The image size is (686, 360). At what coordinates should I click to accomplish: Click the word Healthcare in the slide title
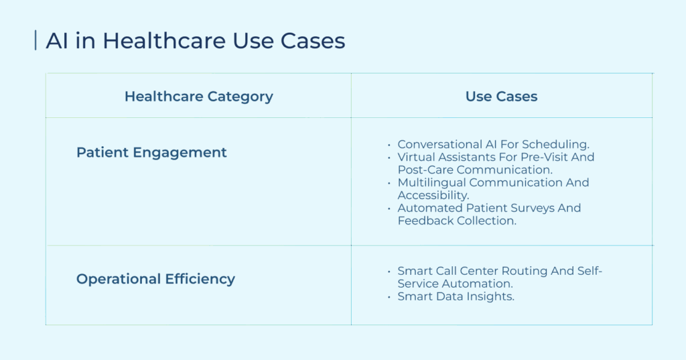(x=164, y=41)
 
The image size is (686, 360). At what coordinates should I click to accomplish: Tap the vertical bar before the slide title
(x=36, y=40)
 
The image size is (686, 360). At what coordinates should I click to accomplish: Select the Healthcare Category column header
(x=198, y=97)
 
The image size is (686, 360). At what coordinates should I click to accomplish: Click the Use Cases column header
(x=501, y=97)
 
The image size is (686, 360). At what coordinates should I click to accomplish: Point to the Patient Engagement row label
(x=151, y=152)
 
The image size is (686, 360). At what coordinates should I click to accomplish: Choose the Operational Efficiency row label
(x=155, y=279)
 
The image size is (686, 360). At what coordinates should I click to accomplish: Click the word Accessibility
(x=433, y=195)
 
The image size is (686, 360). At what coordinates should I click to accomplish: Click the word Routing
(x=523, y=271)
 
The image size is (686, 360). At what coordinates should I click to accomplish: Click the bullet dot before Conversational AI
(x=389, y=145)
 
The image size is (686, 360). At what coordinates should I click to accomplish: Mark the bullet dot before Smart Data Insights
(x=389, y=297)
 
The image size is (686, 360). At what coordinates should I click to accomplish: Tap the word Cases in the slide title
(x=313, y=41)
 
